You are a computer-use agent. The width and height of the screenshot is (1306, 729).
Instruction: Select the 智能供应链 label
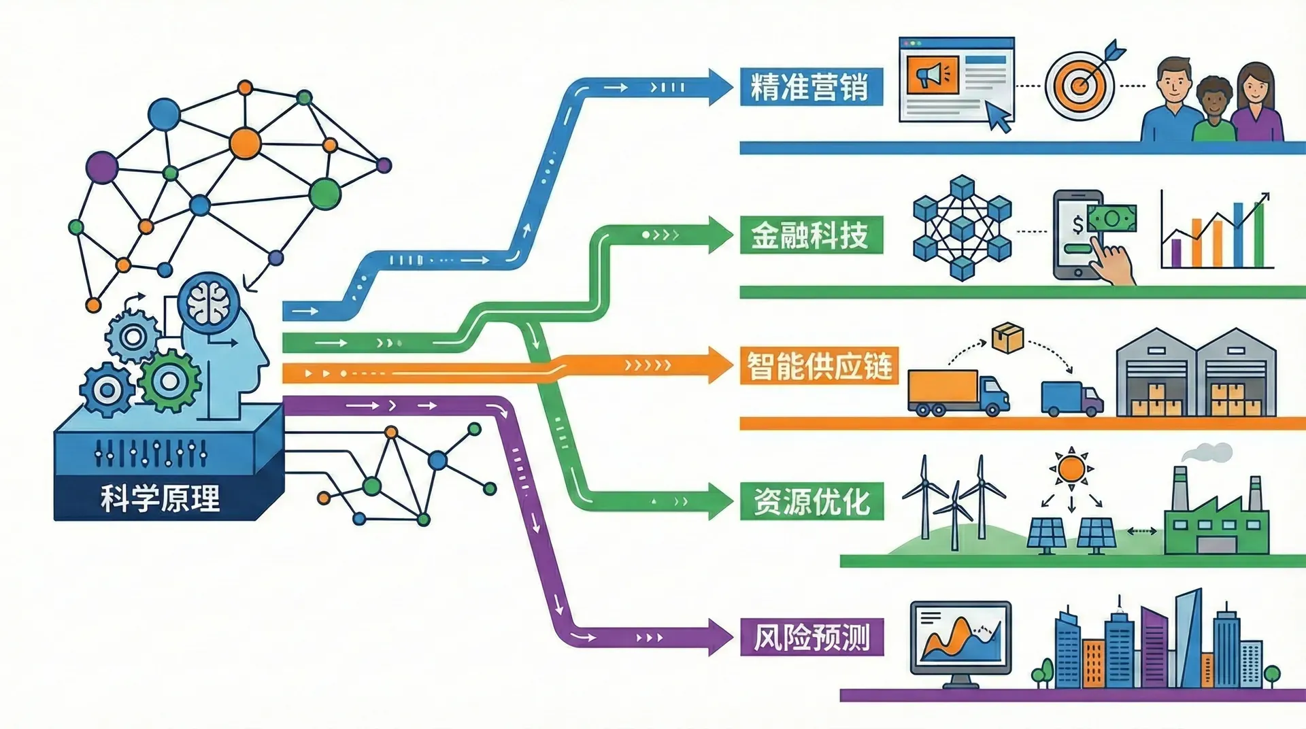click(x=819, y=366)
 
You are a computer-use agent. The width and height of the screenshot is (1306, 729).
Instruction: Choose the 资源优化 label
click(x=811, y=502)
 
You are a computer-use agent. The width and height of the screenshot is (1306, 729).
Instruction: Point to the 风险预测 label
click(x=811, y=637)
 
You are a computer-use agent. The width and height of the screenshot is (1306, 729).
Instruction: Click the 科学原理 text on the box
click(x=161, y=498)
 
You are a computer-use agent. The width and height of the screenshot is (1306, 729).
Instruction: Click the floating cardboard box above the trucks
click(x=1007, y=338)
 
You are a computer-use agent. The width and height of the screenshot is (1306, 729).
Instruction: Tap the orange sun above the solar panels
click(x=1071, y=469)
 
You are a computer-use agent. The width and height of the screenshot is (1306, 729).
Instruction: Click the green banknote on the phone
click(x=1112, y=219)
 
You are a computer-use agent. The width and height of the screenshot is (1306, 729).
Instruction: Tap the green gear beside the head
click(x=169, y=381)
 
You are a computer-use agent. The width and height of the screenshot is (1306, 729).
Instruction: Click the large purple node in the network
click(x=102, y=167)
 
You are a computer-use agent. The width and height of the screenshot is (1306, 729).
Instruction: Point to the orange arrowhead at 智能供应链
click(x=720, y=365)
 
